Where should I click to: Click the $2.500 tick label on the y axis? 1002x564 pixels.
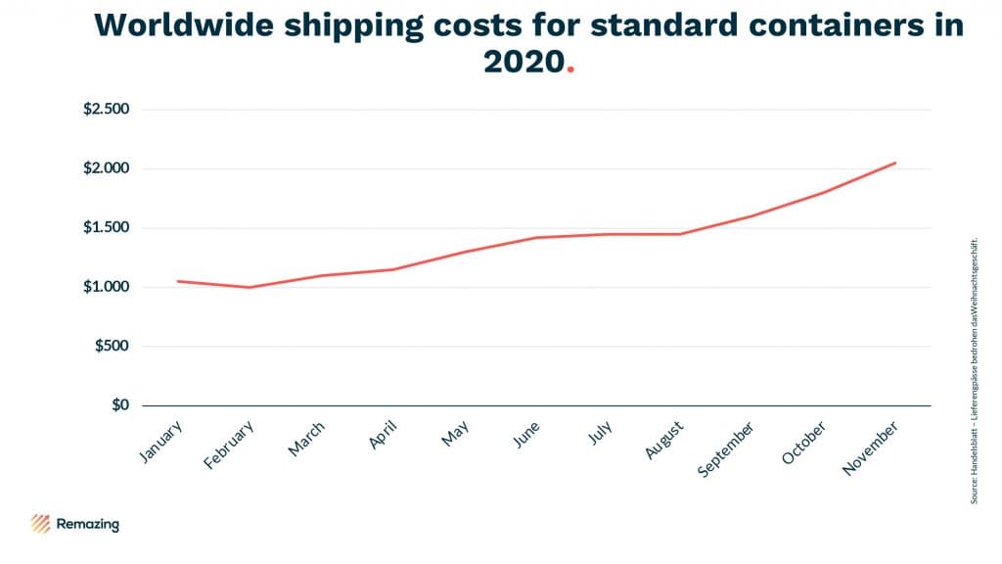[x=107, y=109]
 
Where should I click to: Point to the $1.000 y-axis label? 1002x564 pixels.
[x=107, y=287]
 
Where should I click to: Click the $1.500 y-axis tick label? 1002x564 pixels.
[x=107, y=228]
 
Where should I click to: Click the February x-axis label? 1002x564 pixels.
[x=229, y=446]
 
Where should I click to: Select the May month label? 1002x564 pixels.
[x=455, y=433]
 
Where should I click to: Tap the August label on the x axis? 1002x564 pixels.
[x=663, y=440]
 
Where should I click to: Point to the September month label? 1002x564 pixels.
[x=726, y=449]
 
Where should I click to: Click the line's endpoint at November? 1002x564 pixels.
[x=895, y=163]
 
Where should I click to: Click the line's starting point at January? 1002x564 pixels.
[x=177, y=281]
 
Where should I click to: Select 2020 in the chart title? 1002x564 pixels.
[x=524, y=62]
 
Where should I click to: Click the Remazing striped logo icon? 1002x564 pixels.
[x=41, y=523]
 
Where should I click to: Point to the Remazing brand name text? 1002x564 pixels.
[x=88, y=524]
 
